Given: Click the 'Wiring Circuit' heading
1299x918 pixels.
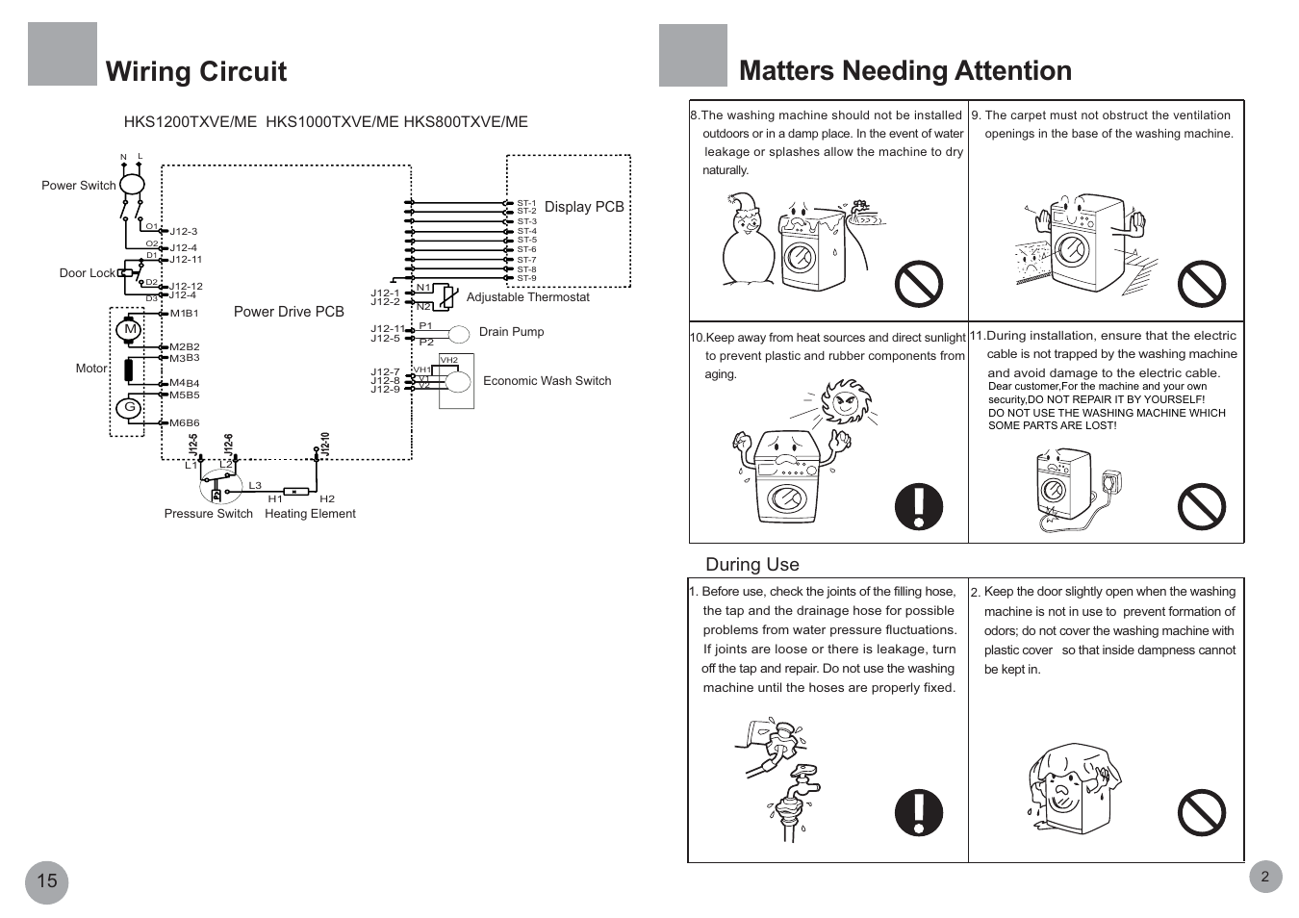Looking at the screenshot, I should point(196,71).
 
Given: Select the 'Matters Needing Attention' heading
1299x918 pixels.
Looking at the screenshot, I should point(904,70).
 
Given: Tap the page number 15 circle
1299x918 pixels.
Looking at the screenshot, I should point(47,880).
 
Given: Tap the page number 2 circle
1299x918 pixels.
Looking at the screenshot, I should point(1264,876).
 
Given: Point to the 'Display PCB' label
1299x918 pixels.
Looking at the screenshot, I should point(584,207).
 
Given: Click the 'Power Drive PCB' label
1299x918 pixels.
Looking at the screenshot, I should point(289,312).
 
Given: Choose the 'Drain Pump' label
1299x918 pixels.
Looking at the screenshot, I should point(511,332).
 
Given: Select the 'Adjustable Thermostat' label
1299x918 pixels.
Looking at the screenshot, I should point(527,297).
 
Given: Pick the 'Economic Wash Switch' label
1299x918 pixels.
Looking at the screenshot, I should point(547,381).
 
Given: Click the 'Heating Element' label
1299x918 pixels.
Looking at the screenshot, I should point(310,514).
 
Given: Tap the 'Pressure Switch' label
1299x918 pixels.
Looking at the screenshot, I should point(208,514).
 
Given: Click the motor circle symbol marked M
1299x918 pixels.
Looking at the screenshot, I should point(130,329).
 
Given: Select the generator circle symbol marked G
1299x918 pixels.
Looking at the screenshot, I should point(130,408).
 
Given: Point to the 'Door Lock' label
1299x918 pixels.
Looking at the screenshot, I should point(87,273).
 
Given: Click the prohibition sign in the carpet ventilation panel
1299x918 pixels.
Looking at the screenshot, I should point(1202,284).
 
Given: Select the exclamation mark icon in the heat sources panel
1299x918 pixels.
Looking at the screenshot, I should point(919,506).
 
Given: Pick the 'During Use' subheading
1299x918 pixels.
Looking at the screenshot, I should point(751,565).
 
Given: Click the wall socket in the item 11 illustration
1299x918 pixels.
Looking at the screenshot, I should point(1111,482).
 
